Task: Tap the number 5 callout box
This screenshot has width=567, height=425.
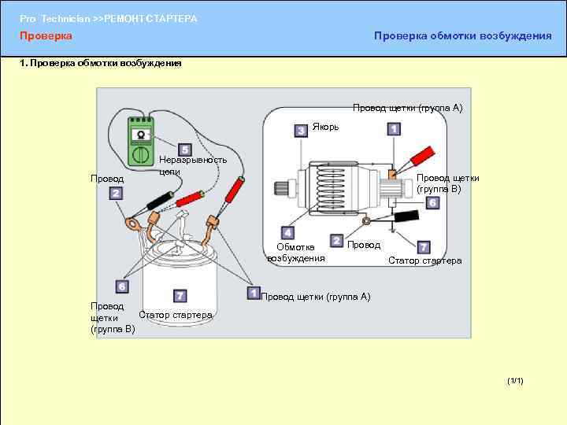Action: point(184,150)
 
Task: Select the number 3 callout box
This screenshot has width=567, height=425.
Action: point(301,131)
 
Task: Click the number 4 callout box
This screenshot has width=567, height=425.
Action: point(288,233)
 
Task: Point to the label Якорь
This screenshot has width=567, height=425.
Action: point(326,127)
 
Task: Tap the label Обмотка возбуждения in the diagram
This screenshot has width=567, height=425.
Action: point(295,252)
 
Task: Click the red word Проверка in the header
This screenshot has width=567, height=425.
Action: point(46,36)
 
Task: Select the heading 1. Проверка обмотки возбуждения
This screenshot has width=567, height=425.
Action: point(101,63)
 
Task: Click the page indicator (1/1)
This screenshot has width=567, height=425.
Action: point(516,381)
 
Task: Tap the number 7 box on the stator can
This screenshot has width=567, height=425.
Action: point(180,295)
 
